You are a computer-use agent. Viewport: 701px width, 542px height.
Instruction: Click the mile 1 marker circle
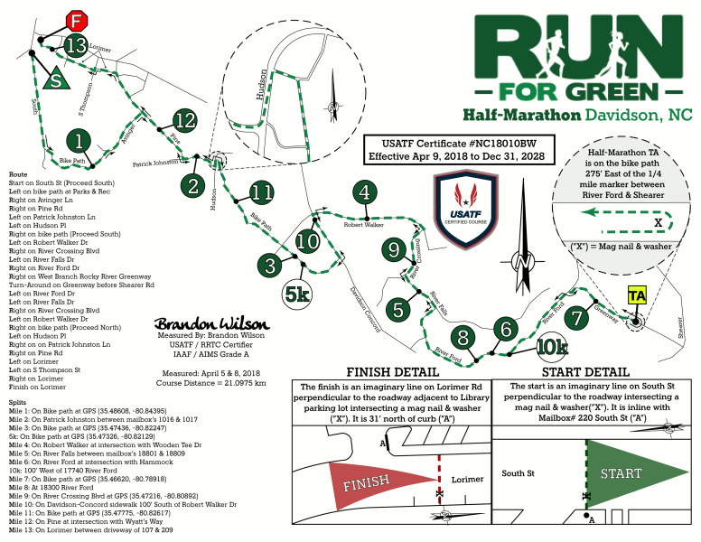point(80,141)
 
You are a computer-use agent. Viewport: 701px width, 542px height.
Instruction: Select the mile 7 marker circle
point(575,318)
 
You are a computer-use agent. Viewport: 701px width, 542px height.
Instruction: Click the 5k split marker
point(297,294)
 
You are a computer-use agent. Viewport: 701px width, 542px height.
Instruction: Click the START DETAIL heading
point(585,372)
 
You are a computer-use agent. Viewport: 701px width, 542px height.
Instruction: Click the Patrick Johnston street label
point(154,164)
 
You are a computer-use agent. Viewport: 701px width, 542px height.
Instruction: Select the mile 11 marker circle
point(262,192)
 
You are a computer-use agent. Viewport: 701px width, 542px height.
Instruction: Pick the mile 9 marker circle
point(392,248)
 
